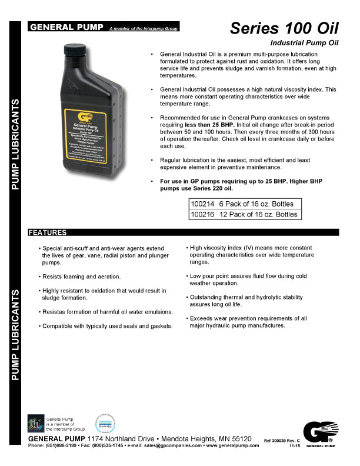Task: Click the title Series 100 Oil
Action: (x=284, y=28)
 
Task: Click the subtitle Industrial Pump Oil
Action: (x=304, y=44)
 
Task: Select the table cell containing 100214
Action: (x=202, y=204)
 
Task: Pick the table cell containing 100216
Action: (x=202, y=214)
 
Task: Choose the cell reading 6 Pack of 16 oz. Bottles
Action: (x=255, y=204)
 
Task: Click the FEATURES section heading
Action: (x=48, y=233)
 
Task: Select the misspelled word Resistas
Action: (x=55, y=311)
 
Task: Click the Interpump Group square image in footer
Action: (x=36, y=423)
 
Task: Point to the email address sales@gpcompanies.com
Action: (x=171, y=446)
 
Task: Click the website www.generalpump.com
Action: (x=232, y=446)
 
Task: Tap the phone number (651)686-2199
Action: (x=61, y=446)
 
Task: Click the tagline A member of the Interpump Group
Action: (x=144, y=28)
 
